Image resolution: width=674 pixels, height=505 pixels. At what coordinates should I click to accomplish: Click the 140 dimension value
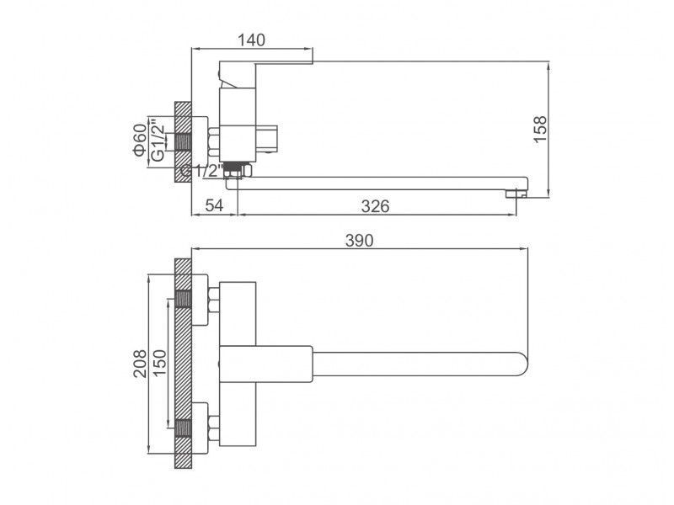[x=251, y=40]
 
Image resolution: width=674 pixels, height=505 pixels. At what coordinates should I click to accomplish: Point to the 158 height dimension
[x=540, y=129]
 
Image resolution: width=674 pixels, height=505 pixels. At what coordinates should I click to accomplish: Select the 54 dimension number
[x=214, y=205]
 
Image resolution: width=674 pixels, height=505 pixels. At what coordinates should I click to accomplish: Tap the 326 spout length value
[x=375, y=206]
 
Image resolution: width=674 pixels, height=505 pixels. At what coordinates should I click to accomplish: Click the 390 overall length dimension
[x=360, y=241]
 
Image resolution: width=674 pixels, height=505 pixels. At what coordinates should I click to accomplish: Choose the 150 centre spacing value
[x=159, y=364]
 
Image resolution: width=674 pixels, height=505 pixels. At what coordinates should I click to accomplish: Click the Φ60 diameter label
[x=140, y=140]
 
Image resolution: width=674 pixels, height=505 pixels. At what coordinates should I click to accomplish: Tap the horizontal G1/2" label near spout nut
[x=201, y=171]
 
